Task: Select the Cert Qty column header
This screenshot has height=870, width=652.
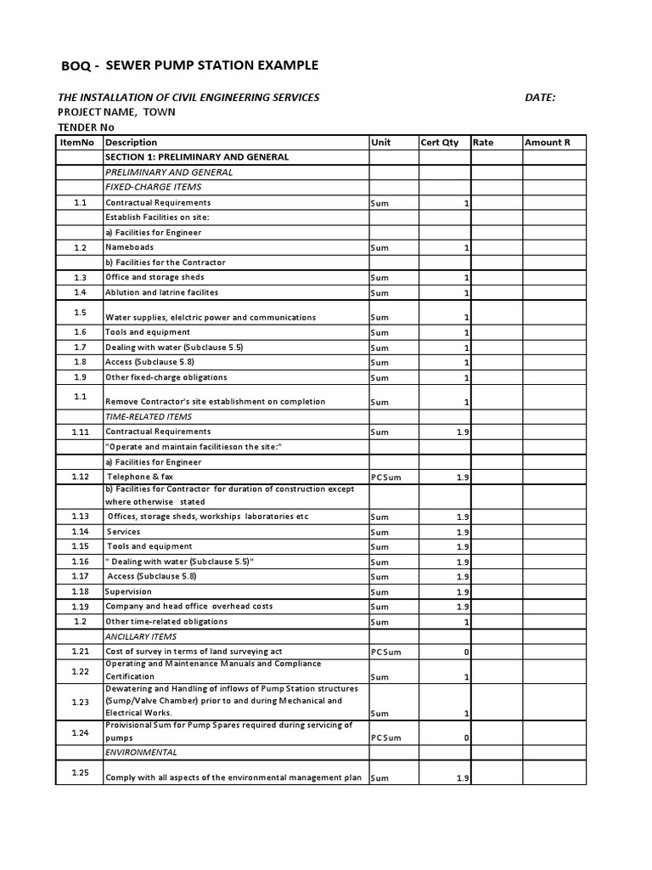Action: (x=440, y=143)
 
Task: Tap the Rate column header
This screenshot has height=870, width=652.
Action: (x=483, y=143)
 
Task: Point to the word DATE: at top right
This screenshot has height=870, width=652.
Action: (x=540, y=98)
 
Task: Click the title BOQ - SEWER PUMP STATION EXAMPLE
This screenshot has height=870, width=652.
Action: (x=191, y=65)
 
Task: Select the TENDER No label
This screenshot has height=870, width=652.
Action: (x=86, y=127)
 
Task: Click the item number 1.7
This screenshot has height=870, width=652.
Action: (x=80, y=347)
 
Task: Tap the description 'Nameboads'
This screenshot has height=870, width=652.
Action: (x=130, y=247)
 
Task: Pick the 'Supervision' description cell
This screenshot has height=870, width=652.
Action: (x=128, y=591)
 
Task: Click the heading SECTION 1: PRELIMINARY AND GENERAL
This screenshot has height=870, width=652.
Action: (x=197, y=157)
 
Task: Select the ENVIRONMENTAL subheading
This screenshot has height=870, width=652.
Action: (x=141, y=753)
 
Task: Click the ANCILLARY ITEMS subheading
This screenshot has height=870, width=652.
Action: (x=141, y=636)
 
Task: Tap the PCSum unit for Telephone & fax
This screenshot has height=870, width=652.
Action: (x=386, y=477)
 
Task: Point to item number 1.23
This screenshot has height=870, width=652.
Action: (x=80, y=702)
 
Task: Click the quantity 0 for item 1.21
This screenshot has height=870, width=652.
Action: (x=466, y=652)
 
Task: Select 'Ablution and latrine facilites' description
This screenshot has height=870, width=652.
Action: (x=161, y=292)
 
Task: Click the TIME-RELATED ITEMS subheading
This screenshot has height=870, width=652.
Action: (x=148, y=417)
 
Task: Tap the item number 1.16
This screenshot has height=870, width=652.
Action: (x=80, y=562)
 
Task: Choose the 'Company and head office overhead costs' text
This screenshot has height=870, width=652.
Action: (x=189, y=607)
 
